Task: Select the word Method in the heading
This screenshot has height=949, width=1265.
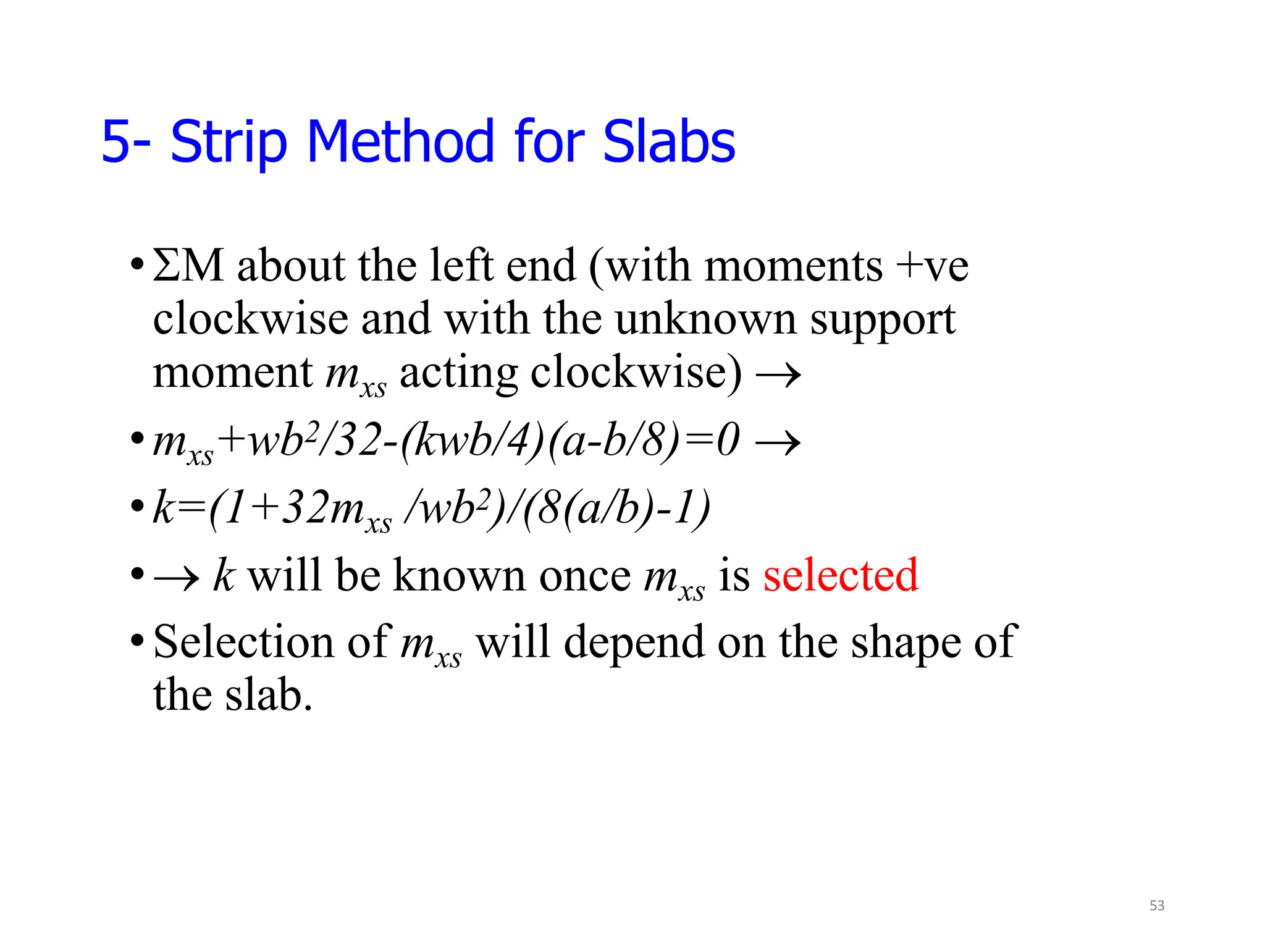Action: (400, 142)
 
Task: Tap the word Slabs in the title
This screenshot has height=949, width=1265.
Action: (669, 142)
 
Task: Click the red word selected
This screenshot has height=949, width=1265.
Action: (841, 575)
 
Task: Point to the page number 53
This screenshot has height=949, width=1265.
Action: (1157, 906)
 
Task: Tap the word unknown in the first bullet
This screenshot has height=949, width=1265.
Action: (705, 319)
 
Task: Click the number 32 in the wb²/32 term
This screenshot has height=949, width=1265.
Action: (357, 441)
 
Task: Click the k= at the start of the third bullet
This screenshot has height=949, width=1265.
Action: (180, 508)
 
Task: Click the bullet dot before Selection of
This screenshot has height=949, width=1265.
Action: (137, 642)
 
